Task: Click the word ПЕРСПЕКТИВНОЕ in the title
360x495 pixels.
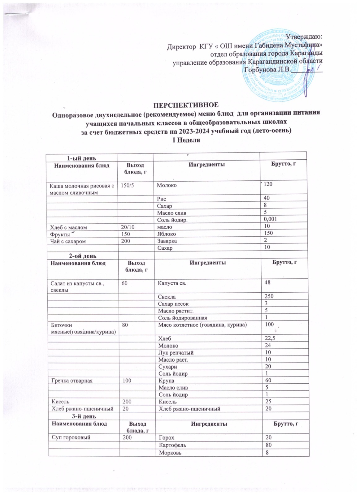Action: click(x=180, y=104)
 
